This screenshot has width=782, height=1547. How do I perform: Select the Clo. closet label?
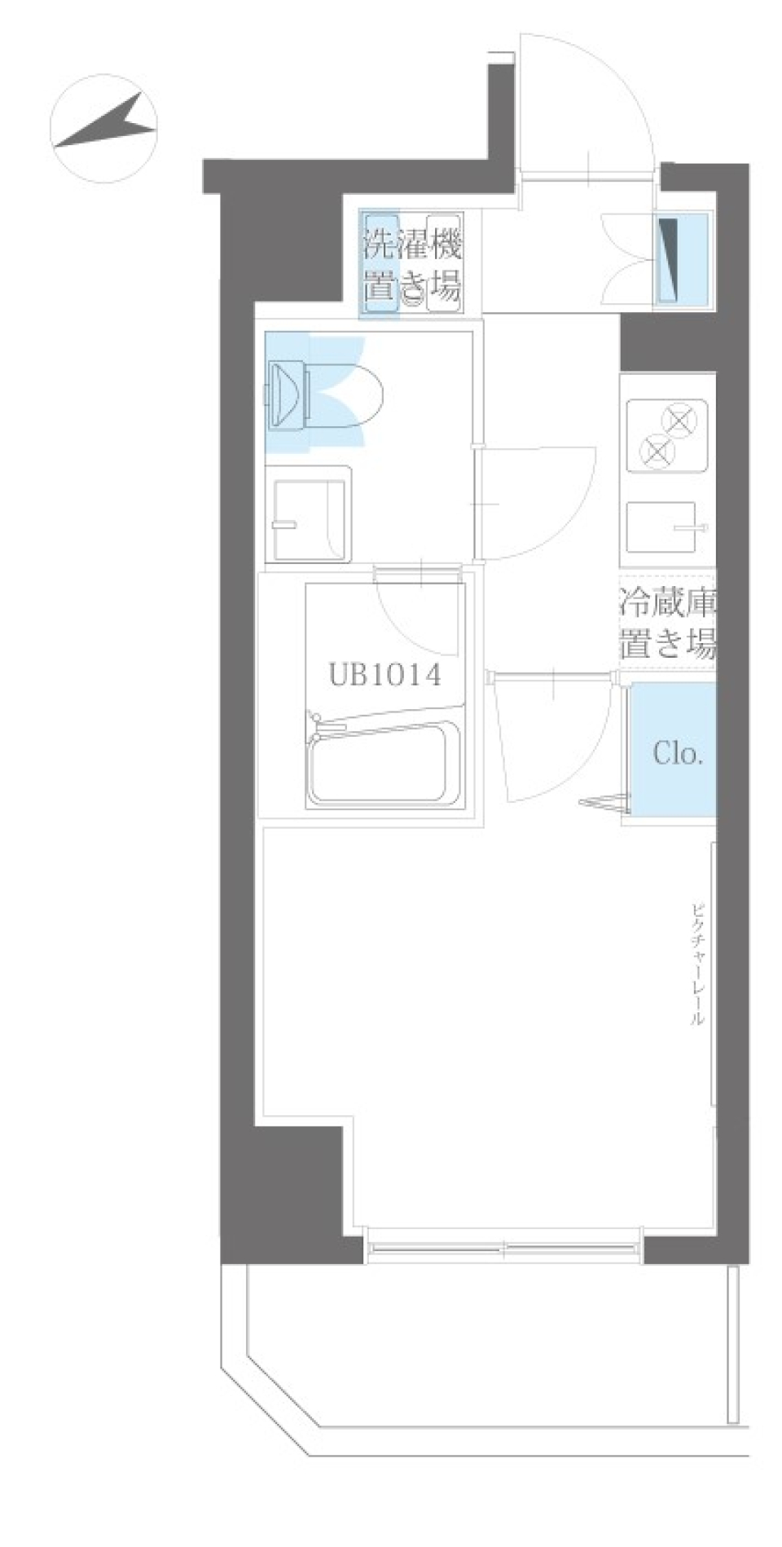(x=678, y=753)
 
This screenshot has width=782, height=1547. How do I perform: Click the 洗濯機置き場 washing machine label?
(x=412, y=265)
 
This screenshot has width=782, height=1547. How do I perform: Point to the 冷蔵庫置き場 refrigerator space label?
(x=667, y=625)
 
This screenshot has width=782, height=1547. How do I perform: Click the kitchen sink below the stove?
(x=661, y=527)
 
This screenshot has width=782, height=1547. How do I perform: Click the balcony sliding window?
(x=502, y=1248)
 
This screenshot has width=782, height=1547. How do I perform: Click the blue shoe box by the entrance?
(x=683, y=259)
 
